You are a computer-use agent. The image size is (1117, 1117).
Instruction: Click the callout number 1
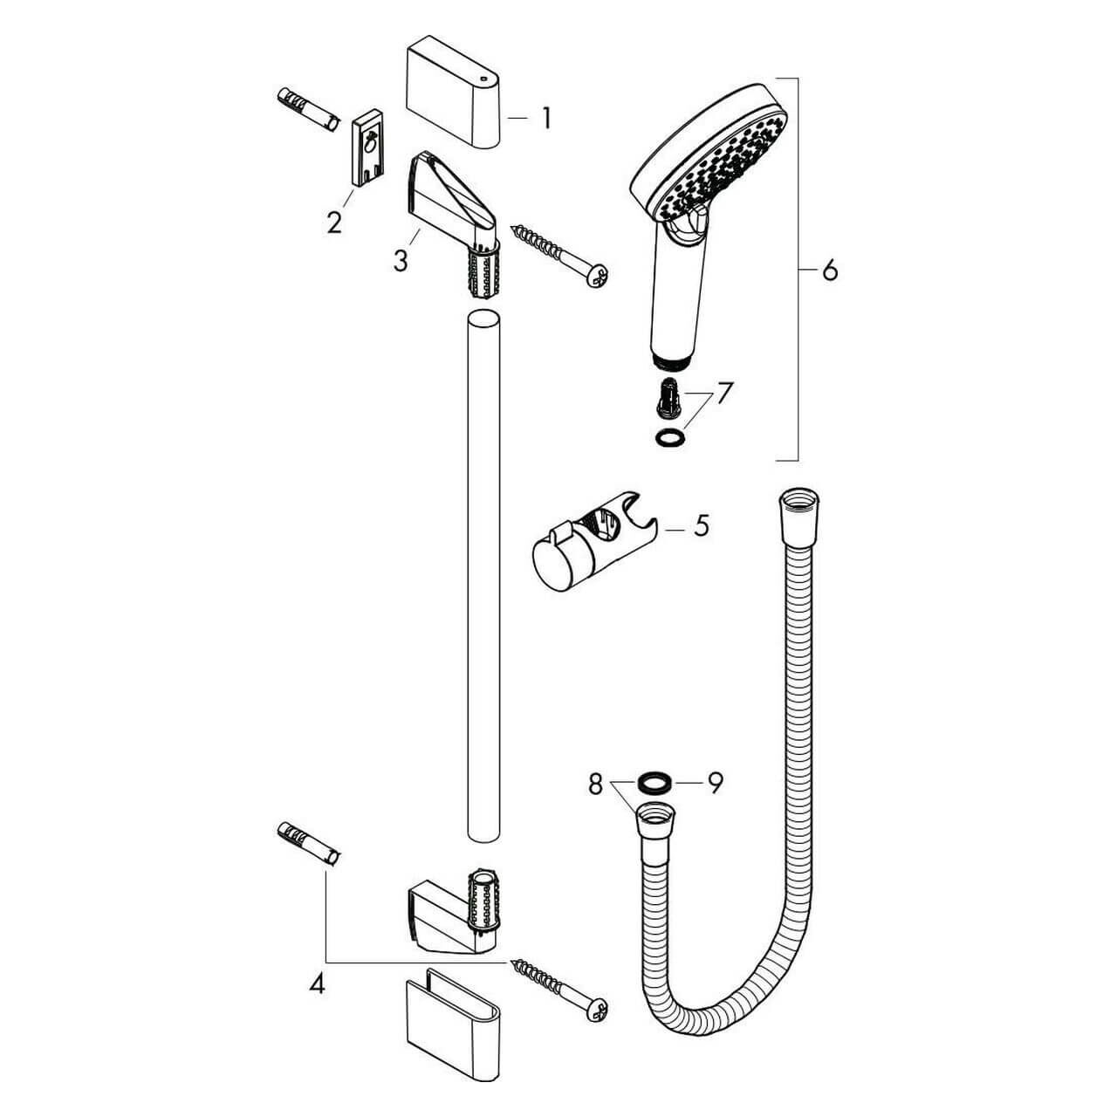point(545,118)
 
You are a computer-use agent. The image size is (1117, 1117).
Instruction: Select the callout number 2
point(334,222)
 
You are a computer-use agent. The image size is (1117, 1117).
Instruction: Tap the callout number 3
point(400,260)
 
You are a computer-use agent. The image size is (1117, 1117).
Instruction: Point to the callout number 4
point(317,984)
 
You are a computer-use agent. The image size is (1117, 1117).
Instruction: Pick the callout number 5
point(701,528)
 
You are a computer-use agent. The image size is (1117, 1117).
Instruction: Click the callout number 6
point(829,271)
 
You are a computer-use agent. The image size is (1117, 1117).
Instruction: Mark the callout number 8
point(595,785)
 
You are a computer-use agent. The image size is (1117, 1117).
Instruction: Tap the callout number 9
point(715,785)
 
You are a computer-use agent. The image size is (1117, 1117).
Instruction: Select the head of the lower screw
point(598,1007)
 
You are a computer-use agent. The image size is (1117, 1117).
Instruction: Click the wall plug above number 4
point(308,843)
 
